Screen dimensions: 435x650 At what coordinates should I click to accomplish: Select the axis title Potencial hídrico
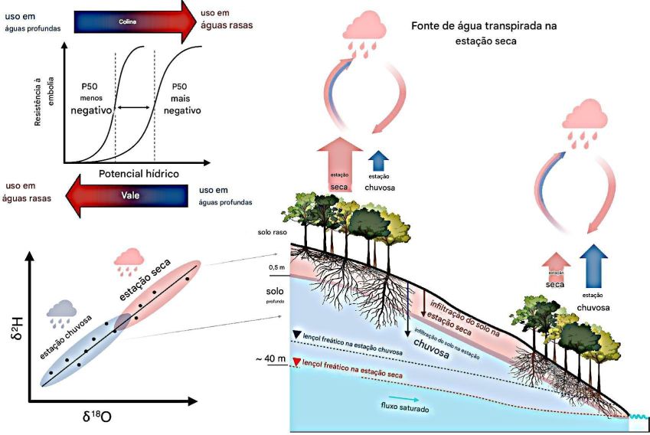coord(139,174)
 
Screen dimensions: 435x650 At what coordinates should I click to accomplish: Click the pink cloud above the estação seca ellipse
coord(132,259)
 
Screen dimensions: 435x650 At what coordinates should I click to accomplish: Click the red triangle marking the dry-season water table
coord(296,362)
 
